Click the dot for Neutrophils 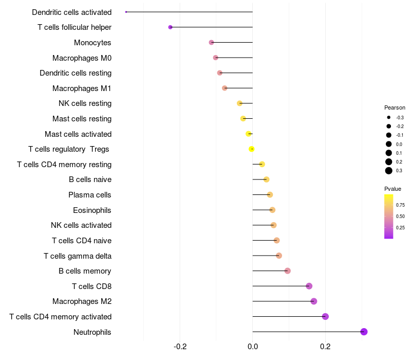(364, 332)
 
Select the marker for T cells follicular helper (171, 27)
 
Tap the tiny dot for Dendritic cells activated (126, 12)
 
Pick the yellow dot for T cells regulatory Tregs (252, 149)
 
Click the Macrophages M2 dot (314, 301)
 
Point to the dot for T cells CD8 (309, 286)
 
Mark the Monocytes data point (211, 42)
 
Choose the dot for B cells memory (288, 271)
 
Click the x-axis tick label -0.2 (180, 347)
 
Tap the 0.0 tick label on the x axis (253, 347)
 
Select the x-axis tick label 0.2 (325, 347)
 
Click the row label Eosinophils (92, 210)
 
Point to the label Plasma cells (89, 195)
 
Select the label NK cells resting (85, 103)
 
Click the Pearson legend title (395, 107)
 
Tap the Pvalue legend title (393, 189)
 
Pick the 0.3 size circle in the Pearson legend (389, 171)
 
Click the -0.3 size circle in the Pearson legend (389, 118)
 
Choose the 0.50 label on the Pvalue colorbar (400, 216)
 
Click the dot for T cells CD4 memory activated (325, 316)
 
